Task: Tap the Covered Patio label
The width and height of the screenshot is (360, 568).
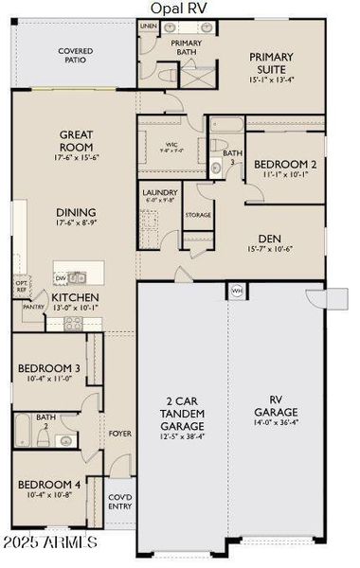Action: pos(72,55)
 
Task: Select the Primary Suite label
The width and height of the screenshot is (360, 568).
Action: pos(271,62)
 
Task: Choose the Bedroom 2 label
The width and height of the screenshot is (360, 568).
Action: pos(286,164)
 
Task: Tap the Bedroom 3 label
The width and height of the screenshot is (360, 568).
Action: pos(49,368)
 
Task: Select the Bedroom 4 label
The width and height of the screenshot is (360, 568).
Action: pos(49,486)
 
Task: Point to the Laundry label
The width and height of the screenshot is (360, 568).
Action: pos(159,192)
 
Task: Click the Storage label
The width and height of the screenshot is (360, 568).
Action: pos(197,215)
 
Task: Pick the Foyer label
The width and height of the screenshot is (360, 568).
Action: pos(119,434)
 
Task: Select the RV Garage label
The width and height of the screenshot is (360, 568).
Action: pos(276,406)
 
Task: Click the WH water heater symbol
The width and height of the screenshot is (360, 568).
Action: pos(237,290)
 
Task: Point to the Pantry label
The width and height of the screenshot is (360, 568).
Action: pos(33,307)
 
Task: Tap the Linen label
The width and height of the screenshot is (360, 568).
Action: pos(149,26)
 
